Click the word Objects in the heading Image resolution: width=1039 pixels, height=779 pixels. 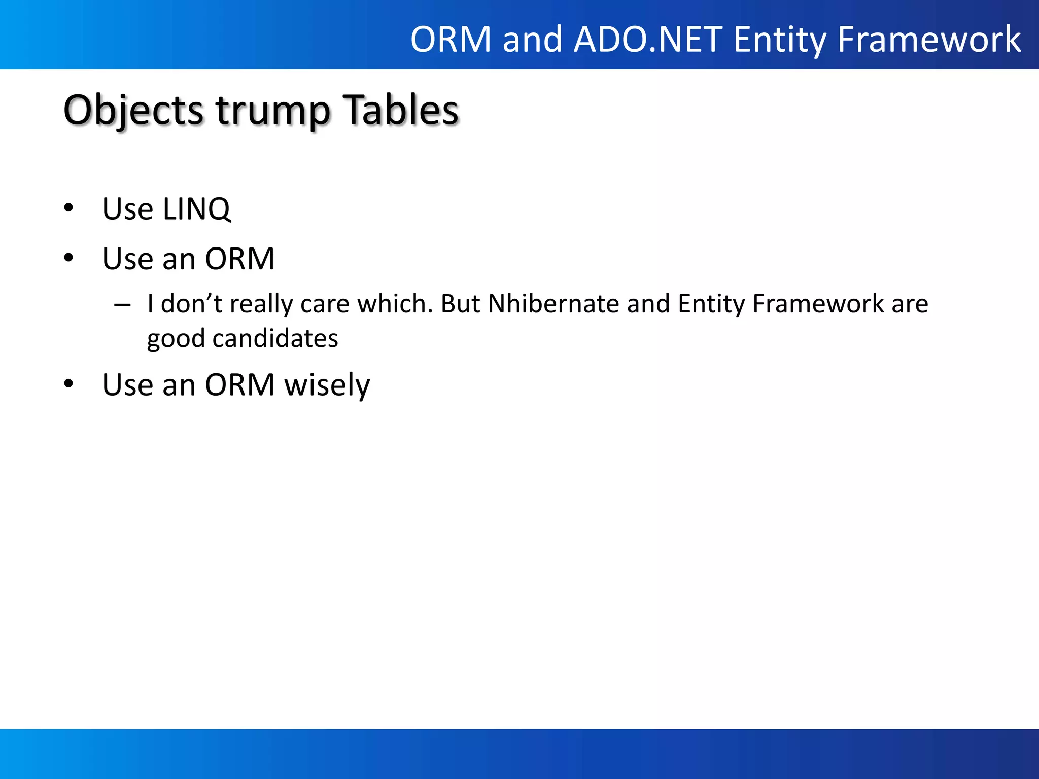[x=133, y=111]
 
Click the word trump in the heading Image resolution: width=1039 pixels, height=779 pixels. [x=273, y=111]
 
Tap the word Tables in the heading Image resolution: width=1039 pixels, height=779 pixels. [x=401, y=111]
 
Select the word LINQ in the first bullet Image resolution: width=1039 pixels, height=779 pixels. [x=196, y=209]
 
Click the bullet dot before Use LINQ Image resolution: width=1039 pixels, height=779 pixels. [x=69, y=208]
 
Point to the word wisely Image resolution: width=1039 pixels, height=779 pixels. [x=327, y=385]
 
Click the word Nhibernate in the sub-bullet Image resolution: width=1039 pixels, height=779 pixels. [x=553, y=304]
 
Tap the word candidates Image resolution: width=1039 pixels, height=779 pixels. [x=275, y=338]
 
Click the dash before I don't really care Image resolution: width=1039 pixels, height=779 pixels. [x=122, y=305]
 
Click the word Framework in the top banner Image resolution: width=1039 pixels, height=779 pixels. [x=929, y=40]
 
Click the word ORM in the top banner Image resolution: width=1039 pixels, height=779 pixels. [x=451, y=40]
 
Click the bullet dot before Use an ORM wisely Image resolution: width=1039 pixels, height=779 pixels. [x=69, y=384]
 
